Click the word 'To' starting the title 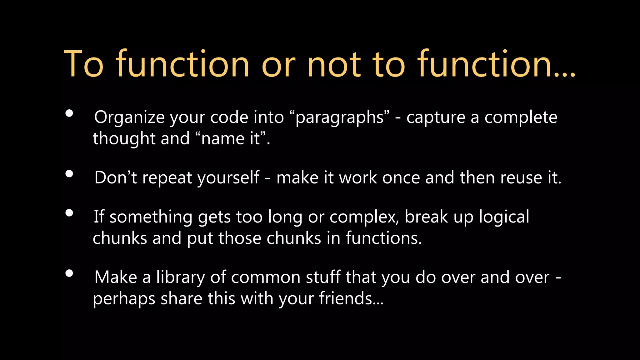(83, 64)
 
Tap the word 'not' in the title (334, 64)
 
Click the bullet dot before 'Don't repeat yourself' (69, 174)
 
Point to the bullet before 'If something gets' (69, 213)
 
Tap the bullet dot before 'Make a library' (69, 273)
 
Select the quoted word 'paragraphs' (339, 118)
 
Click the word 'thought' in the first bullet (124, 138)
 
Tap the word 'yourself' (228, 178)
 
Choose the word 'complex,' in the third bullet (364, 217)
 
